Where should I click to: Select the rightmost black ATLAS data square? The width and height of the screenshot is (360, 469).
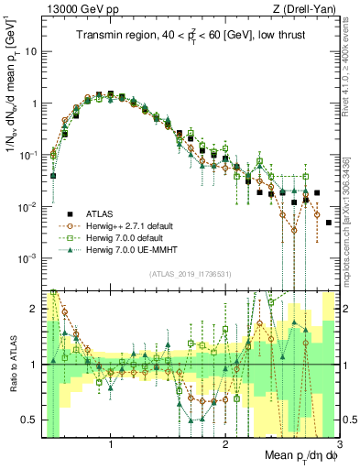tap(329, 223)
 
